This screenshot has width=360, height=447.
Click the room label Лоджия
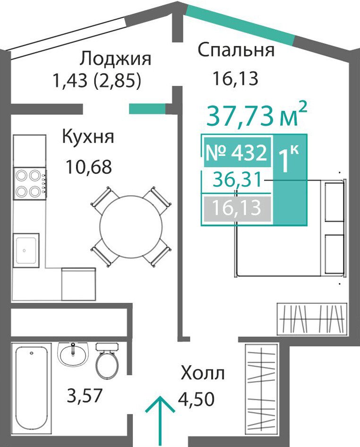pos(115,60)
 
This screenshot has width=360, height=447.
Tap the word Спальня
pos(236,50)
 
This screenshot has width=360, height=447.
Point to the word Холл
pos(203,373)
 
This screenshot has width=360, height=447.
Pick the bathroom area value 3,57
pos(85,395)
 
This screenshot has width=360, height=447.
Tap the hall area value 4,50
pos(196,399)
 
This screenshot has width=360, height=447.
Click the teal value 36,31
pos(238,180)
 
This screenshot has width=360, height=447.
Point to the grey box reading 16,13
pos(237,208)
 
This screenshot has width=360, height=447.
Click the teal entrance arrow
pos(160,421)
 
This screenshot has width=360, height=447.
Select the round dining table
pos(131,227)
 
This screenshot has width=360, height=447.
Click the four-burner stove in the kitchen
pos(30,183)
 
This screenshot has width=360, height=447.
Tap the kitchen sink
pos(26,250)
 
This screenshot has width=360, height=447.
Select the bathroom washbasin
pos(73,354)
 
